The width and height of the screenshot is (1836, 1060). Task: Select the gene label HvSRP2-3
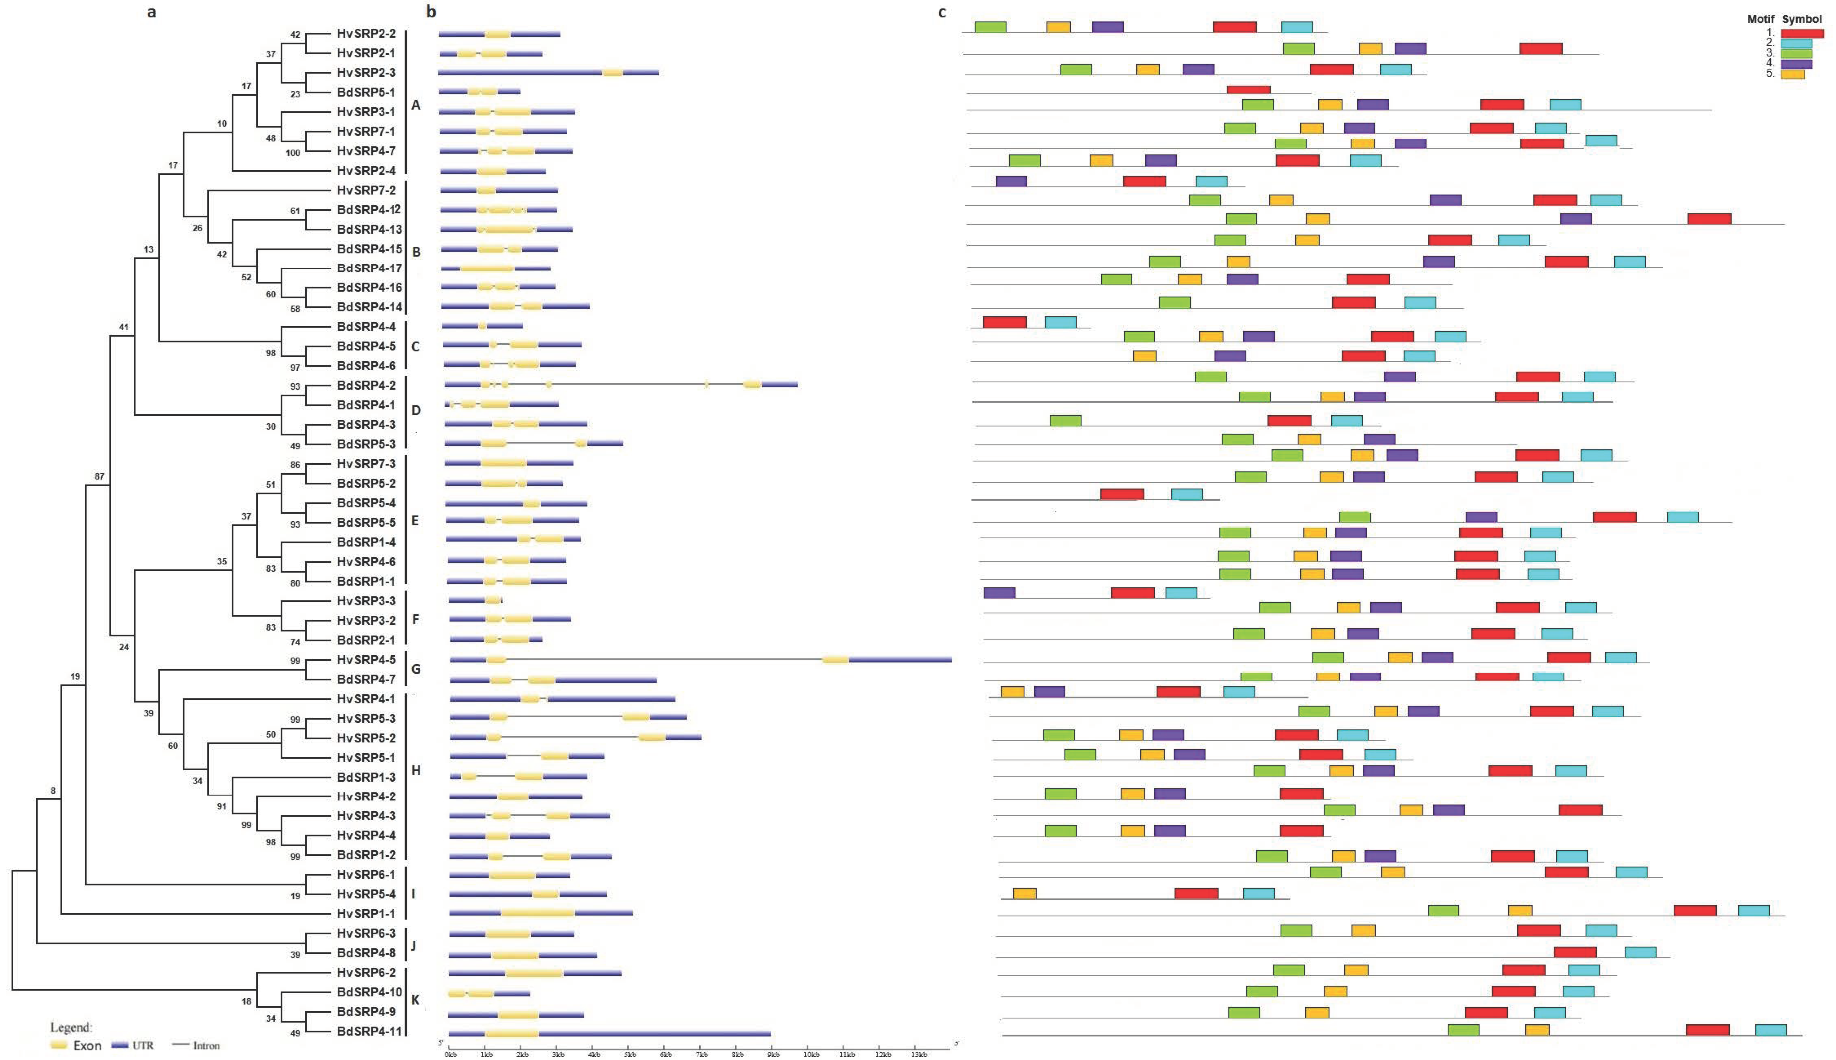pyautogui.click(x=366, y=73)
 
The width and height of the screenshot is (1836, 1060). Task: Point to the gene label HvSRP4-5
pyautogui.click(x=366, y=660)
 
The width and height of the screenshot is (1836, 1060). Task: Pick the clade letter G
pyautogui.click(x=416, y=669)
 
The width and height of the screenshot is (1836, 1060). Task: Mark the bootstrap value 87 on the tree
pyautogui.click(x=99, y=476)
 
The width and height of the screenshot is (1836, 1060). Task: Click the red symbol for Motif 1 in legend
pyautogui.click(x=1802, y=33)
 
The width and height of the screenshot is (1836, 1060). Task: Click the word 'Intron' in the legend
pyautogui.click(x=206, y=1045)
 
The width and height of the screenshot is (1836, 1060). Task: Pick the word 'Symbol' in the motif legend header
pyautogui.click(x=1802, y=19)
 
